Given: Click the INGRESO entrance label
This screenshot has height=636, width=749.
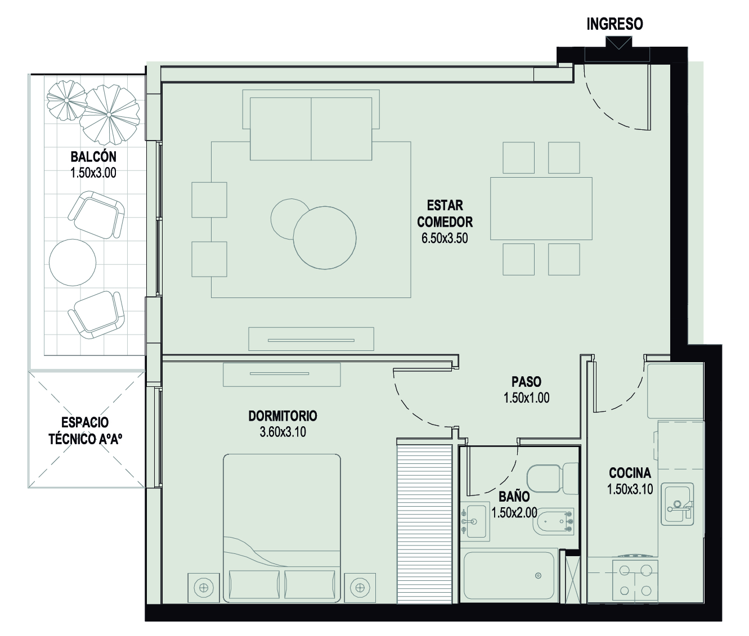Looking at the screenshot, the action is coord(615,24).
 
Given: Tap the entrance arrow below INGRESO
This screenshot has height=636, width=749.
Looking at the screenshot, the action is coord(619,43).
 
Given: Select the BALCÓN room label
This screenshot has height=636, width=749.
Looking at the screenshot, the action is coord(93,157).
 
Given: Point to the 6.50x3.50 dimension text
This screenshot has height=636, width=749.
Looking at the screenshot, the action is coord(445,238).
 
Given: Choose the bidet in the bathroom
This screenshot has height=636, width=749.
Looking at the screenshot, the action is coord(555,521).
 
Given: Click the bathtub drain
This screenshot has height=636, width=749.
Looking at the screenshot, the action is coord(538,575).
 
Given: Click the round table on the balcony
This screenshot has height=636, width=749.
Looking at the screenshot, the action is coord(73,262).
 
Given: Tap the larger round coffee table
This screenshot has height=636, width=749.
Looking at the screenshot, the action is coord(325,238).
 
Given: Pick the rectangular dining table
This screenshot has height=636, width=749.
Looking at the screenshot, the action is coord(541,209).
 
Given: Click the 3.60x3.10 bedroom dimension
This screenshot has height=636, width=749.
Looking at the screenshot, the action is coord(282,432).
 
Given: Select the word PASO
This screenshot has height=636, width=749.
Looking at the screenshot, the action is coord(527,381).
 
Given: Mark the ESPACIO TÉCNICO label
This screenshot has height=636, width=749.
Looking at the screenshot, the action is coord(86,431).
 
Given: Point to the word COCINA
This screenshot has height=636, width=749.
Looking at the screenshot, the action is coord(630,473).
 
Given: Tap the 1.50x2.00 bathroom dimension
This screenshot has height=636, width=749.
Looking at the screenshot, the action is coord(514,512).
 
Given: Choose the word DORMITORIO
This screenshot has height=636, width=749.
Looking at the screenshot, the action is coord(282,416).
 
